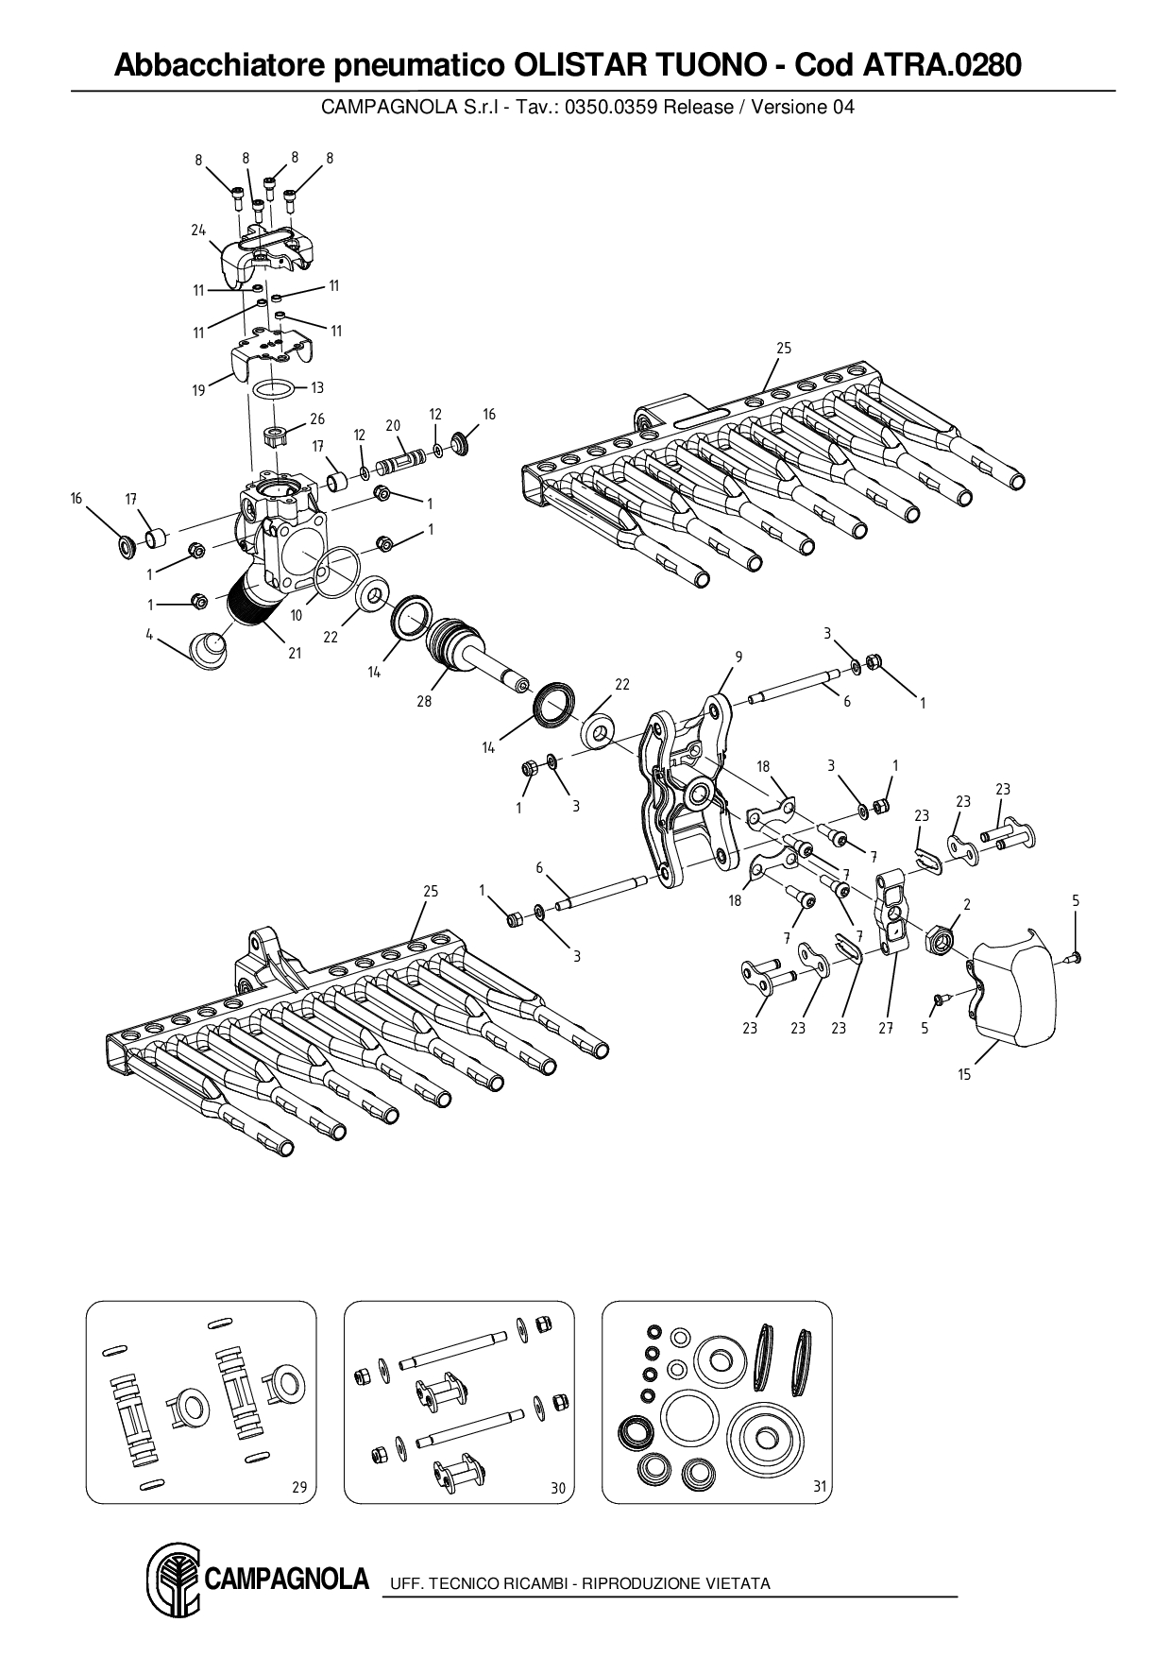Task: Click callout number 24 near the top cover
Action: (x=198, y=230)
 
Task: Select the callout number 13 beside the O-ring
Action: (x=317, y=387)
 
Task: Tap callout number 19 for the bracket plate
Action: (x=198, y=390)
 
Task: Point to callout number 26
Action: (x=317, y=419)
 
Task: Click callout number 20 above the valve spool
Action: (x=393, y=426)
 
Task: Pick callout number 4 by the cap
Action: (x=149, y=635)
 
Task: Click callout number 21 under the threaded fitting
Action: (x=295, y=653)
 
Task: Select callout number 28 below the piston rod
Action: (x=424, y=701)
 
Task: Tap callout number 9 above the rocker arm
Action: (x=738, y=657)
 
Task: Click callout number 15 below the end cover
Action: (x=964, y=1074)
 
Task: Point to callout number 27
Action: (x=886, y=1028)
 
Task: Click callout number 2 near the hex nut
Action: (x=966, y=904)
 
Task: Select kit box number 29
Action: (x=298, y=1487)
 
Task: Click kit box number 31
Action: (x=820, y=1487)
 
